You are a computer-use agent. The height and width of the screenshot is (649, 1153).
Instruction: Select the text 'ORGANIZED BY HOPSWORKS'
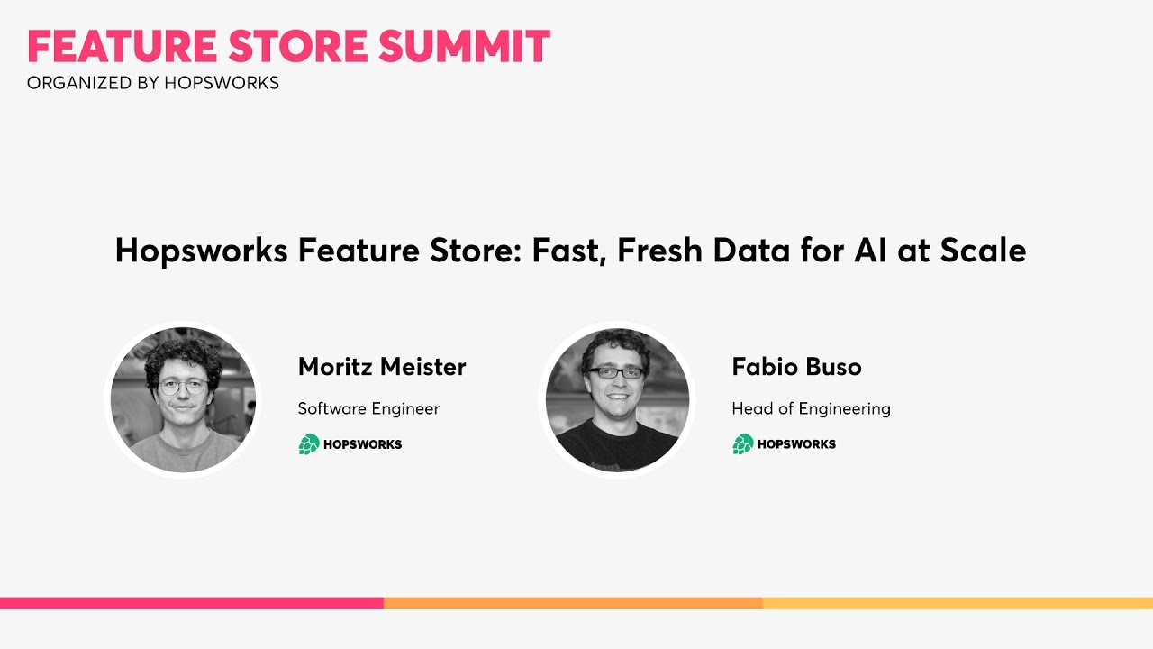[x=153, y=83]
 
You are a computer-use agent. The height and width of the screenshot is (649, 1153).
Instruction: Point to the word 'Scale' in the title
[x=983, y=251]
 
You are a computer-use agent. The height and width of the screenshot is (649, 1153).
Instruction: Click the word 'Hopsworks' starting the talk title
[x=201, y=251]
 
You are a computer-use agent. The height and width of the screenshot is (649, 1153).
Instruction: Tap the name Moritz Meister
[x=382, y=367]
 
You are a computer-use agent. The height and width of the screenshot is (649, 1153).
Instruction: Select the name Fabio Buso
[x=796, y=367]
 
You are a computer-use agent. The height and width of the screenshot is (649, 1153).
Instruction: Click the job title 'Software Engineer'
[x=368, y=408]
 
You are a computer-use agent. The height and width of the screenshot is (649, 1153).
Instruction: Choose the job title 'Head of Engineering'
[x=811, y=408]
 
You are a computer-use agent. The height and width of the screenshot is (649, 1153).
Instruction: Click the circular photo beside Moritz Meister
[x=183, y=399]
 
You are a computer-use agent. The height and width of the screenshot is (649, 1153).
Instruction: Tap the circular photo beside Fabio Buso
[x=617, y=399]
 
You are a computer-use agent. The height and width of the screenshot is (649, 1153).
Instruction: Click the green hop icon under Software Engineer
[x=309, y=444]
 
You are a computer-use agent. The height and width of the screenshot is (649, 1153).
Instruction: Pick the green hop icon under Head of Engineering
[x=743, y=444]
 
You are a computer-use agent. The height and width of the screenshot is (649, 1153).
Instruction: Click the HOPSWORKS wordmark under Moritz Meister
[x=363, y=444]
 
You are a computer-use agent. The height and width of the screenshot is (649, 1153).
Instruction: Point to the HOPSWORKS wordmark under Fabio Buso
[x=796, y=444]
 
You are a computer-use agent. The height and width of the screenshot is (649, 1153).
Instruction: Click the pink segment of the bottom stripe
[x=191, y=603]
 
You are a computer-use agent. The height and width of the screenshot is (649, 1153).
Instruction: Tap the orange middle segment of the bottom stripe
[x=573, y=603]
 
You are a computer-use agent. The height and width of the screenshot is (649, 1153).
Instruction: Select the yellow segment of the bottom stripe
[x=957, y=603]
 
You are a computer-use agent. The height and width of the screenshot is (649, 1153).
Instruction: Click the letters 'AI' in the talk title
[x=866, y=251]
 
